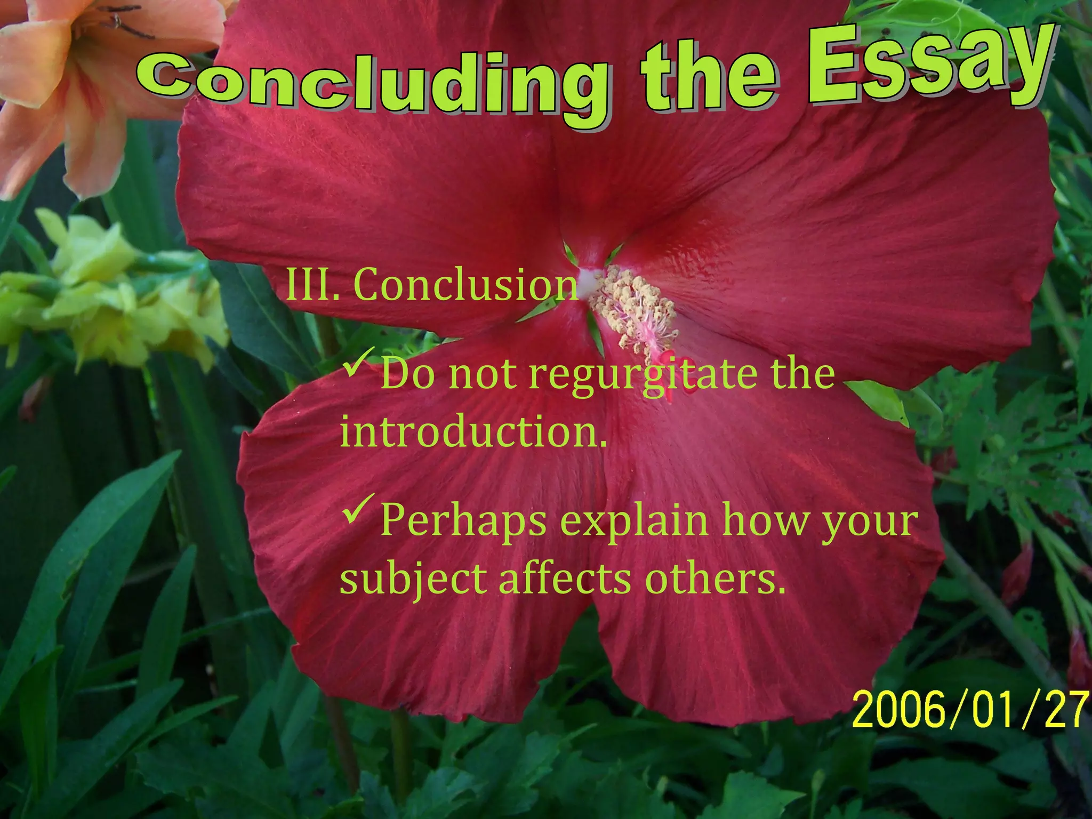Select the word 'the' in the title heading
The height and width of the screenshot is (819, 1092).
709,75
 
